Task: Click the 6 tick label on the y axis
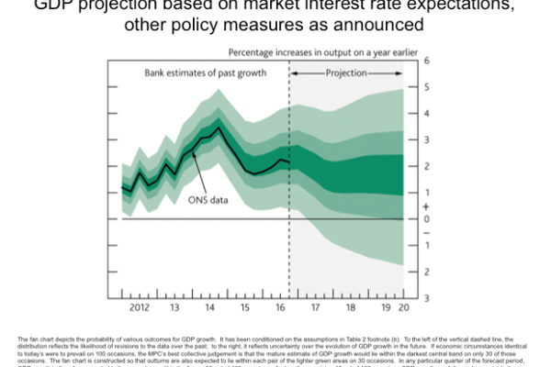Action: click(427, 60)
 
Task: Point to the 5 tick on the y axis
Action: click(427, 86)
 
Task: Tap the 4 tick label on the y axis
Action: click(427, 113)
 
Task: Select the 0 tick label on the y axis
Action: click(427, 218)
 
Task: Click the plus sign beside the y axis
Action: click(427, 206)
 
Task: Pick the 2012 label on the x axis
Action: click(140, 306)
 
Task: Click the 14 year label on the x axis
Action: click(210, 306)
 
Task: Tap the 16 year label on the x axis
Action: click(281, 306)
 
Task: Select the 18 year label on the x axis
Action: click(351, 306)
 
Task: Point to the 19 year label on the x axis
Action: click(385, 306)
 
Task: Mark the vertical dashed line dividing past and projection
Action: click(289, 183)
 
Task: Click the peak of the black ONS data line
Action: click(217, 128)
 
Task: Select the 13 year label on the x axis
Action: click(174, 306)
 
